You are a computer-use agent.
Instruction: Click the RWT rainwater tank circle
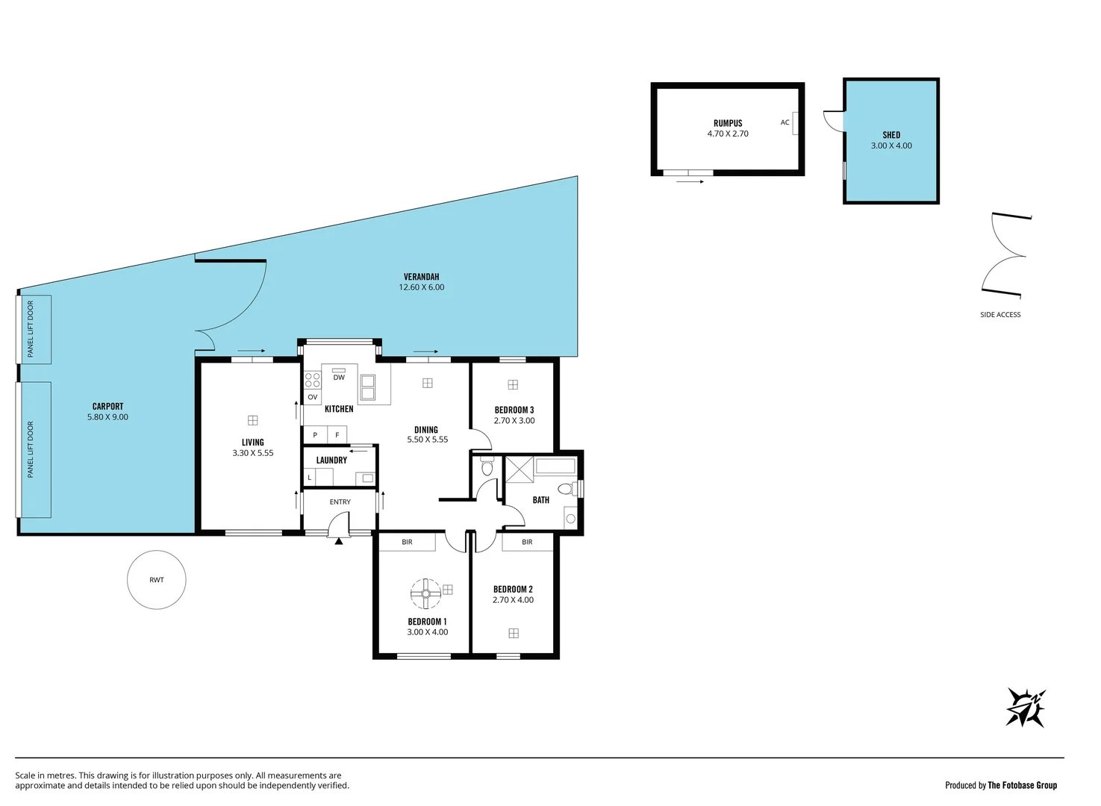pos(156,580)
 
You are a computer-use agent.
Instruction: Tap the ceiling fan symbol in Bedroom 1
pos(425,593)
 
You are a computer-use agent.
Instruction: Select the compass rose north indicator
pos(1026,707)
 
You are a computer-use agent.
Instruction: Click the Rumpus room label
pos(728,123)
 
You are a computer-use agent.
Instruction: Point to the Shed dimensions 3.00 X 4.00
pos(891,146)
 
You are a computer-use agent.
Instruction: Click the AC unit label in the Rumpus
pos(785,122)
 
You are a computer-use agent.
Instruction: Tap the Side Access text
pos(1000,315)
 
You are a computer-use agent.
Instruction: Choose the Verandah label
pos(421,277)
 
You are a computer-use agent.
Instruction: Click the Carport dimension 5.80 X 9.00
pos(107,417)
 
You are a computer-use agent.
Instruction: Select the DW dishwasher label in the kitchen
pos(339,378)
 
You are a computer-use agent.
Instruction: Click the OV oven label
pos(313,397)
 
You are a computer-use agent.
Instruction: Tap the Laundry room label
pos(331,460)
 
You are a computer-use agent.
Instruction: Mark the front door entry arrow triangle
pos(339,541)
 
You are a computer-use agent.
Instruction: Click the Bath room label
pos(541,500)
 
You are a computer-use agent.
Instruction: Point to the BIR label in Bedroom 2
pos(527,542)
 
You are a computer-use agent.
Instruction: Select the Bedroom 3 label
pos(514,410)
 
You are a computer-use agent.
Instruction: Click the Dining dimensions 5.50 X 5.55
pos(427,440)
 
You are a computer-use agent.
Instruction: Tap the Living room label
pos(252,443)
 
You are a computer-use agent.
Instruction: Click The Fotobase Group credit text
pos(1022,785)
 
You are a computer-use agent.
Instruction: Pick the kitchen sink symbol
pos(368,387)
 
